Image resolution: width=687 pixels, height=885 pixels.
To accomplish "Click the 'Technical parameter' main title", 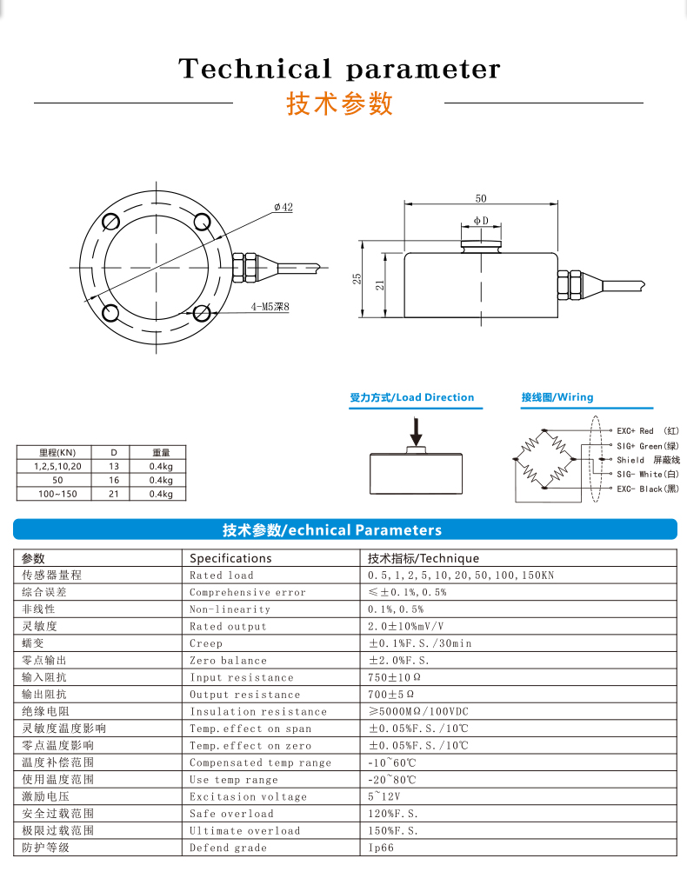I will (339, 69).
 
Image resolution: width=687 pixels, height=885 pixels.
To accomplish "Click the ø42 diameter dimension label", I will (283, 207).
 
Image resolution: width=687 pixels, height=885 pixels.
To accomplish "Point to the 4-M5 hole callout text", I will (269, 307).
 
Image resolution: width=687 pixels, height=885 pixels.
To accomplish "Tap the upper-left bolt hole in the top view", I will (110, 221).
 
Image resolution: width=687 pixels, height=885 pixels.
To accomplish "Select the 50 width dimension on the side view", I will (481, 198).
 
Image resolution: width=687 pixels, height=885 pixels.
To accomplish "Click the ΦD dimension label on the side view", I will (481, 222).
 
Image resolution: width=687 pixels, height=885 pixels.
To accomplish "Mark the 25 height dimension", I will (357, 278).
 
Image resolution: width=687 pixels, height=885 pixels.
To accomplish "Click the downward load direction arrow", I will (417, 430).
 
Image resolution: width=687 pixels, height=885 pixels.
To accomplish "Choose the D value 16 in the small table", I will (113, 480).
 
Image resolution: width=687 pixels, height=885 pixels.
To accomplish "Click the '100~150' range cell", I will (57, 494).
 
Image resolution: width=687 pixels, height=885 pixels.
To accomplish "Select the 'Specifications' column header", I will (230, 558).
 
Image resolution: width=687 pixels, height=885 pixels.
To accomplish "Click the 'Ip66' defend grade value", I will (381, 848).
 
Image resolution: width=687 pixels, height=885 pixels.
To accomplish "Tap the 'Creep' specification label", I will (206, 643).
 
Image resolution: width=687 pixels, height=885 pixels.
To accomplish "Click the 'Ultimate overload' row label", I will (244, 830).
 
